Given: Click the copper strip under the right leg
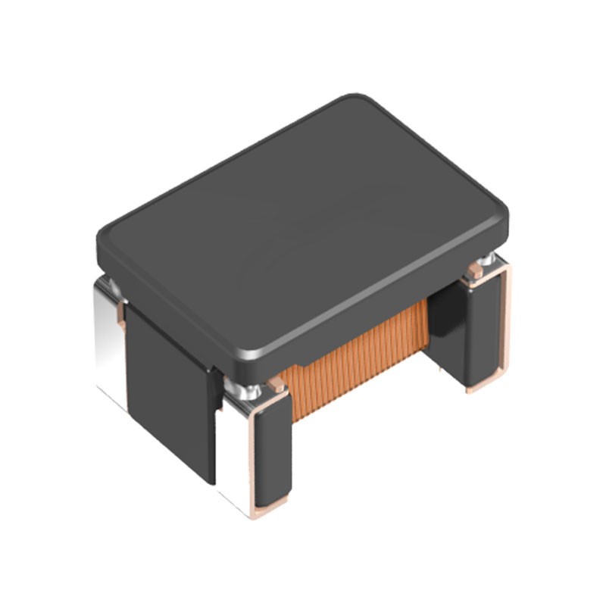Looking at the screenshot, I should click(x=485, y=386).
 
